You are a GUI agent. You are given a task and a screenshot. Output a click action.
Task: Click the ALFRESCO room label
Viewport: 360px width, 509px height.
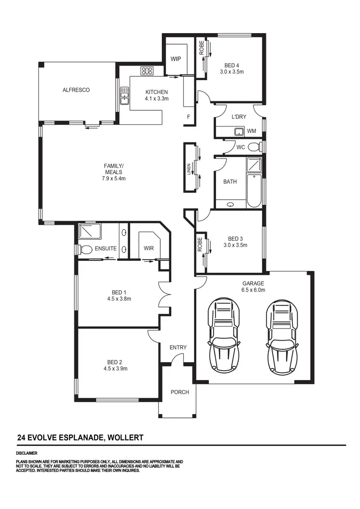click(x=76, y=90)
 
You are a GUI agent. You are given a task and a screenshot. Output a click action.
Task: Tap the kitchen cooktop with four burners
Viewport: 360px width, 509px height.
click(x=146, y=71)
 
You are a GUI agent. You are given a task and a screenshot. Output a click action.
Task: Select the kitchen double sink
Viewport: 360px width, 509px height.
click(x=124, y=95)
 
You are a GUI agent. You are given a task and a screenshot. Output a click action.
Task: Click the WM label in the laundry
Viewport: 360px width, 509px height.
click(x=252, y=131)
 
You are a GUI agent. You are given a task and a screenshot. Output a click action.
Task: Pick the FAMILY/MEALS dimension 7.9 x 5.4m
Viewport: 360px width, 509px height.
click(x=114, y=178)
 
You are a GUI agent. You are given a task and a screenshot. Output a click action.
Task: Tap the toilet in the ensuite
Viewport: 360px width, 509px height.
click(x=85, y=249)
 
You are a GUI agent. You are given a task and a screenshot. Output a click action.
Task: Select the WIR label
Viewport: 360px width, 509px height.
click(x=148, y=249)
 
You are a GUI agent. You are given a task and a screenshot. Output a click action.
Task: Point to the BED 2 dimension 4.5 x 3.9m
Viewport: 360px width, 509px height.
click(x=115, y=368)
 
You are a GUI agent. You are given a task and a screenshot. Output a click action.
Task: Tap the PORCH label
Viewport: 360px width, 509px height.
click(x=180, y=392)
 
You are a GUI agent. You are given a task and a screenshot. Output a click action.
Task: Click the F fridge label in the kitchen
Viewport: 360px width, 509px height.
click(x=189, y=117)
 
